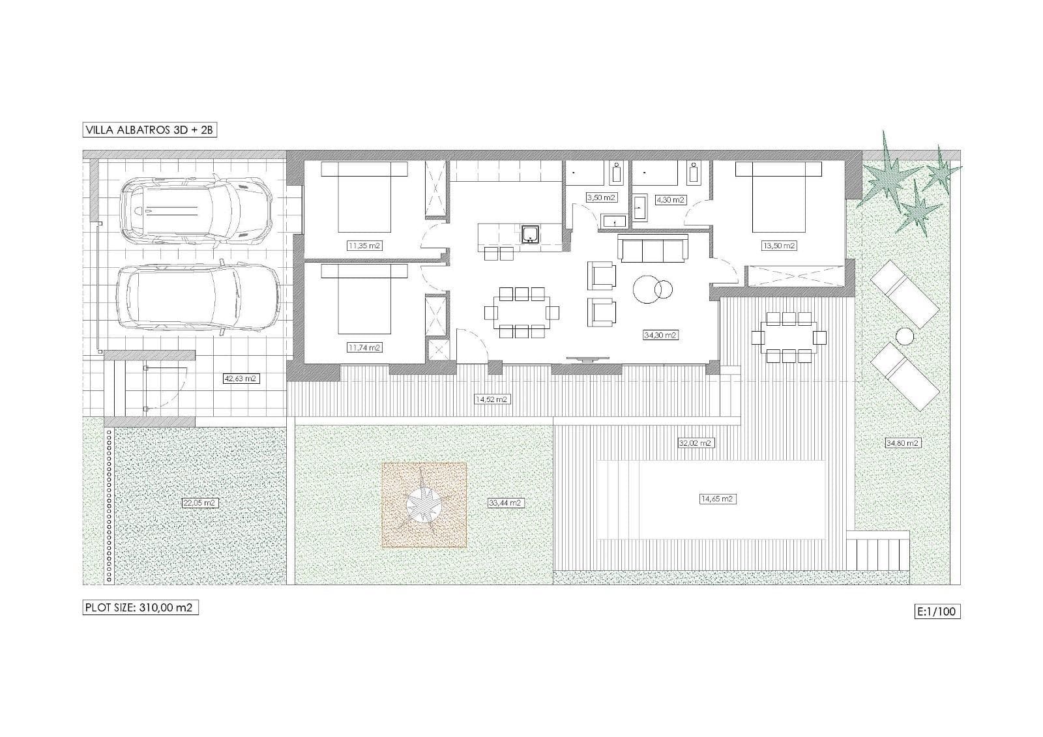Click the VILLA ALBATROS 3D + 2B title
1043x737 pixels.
coord(150,130)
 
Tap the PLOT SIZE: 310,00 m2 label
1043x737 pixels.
coord(140,607)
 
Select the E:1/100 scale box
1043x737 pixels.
coord(937,611)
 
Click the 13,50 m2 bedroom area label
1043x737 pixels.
coord(778,246)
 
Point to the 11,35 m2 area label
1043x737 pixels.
coord(364,246)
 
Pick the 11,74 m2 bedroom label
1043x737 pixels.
coord(364,348)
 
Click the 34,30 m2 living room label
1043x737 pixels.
coord(660,335)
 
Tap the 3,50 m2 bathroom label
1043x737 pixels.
coord(600,197)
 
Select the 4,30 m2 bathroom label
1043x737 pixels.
coord(670,200)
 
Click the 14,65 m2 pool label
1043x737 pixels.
coord(717,499)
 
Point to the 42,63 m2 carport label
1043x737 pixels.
coord(240,378)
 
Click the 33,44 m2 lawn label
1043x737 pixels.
coord(505,503)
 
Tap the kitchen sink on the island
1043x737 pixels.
coord(530,234)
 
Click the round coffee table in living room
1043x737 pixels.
coord(652,287)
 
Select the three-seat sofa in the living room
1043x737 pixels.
coord(653,249)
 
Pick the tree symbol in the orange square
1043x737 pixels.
coord(424,504)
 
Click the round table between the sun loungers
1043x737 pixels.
coord(905,336)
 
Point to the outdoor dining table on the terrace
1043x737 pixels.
coord(789,337)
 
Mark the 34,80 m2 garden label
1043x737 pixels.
coord(902,443)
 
